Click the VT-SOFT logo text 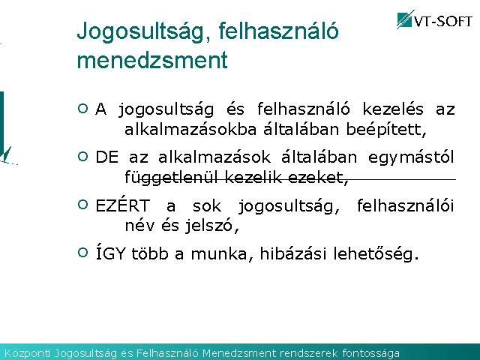(x=442, y=21)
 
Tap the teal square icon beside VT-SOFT (x=405, y=19)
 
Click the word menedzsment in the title (x=152, y=60)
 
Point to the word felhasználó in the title (x=278, y=31)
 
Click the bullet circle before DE (x=82, y=157)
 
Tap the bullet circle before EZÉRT (x=82, y=204)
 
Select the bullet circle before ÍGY (x=82, y=253)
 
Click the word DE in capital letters (x=106, y=157)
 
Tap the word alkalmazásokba (x=190, y=129)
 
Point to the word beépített (x=386, y=130)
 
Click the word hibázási (x=293, y=253)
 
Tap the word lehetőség (x=376, y=254)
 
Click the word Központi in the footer (x=27, y=353)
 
